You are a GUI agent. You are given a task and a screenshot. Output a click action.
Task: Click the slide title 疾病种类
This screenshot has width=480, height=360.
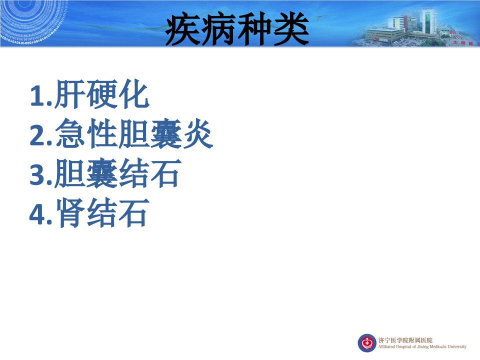pos(237,29)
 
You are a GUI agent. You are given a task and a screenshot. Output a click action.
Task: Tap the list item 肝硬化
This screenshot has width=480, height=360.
pos(102,94)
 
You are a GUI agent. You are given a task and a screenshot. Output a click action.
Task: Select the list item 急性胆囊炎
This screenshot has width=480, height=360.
pos(134,134)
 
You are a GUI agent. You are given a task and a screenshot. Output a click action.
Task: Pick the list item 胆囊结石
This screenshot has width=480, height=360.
pos(118,173)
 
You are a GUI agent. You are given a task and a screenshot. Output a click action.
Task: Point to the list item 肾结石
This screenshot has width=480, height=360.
pos(102,213)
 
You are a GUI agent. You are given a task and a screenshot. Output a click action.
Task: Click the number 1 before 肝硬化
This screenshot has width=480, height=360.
pos(37,96)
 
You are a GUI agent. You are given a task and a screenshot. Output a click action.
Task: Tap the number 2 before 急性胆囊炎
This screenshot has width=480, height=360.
pos(38,135)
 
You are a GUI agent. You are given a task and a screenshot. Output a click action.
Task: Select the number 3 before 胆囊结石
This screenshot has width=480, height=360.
pos(38,174)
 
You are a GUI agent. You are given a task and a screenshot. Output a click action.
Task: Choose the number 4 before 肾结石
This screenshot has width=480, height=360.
pos(37,214)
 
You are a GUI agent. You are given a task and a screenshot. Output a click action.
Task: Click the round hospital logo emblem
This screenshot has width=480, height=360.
pos(366,343)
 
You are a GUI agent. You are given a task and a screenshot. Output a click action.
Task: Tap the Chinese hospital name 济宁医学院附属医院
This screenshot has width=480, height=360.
pos(405,340)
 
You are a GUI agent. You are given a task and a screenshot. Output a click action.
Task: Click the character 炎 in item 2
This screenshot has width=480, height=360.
pos(198,134)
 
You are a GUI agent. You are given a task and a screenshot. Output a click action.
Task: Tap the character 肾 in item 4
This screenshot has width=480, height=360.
pos(70,213)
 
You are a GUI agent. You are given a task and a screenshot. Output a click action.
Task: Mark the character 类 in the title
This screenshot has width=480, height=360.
pos(291,29)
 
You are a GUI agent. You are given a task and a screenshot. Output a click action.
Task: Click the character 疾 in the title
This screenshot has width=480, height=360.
pos(183,29)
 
